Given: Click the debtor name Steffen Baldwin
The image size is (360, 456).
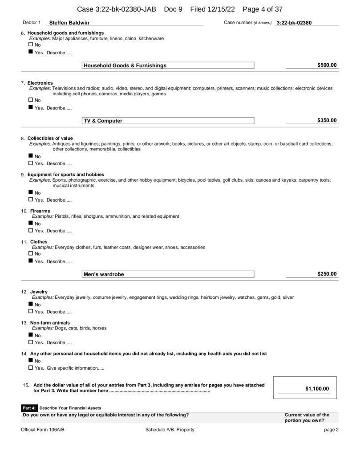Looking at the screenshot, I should click(x=69, y=23).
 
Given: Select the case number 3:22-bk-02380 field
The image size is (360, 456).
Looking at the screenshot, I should click(x=294, y=23).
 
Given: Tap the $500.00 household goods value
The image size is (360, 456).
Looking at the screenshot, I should click(x=327, y=65).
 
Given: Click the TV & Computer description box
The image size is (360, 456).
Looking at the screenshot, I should click(x=168, y=121).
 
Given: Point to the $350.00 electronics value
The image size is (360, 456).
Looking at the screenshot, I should click(x=327, y=120).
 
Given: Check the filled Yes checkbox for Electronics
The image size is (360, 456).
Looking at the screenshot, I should click(x=31, y=107).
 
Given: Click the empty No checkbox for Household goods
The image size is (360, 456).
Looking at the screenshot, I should click(x=31, y=45).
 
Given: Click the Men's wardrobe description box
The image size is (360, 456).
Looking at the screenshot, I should click(x=168, y=274).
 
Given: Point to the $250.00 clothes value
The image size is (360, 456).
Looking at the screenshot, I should click(x=327, y=274).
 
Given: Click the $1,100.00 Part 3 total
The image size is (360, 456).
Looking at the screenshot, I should click(x=317, y=389).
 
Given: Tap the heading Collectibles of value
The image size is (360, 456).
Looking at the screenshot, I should click(x=50, y=138).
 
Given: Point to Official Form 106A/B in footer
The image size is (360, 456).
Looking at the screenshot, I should click(x=43, y=429).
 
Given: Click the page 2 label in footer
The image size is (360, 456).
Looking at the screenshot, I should click(x=332, y=429).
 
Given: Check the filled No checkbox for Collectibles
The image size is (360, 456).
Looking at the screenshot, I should click(x=31, y=156).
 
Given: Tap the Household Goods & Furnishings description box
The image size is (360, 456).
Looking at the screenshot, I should click(x=168, y=65).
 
